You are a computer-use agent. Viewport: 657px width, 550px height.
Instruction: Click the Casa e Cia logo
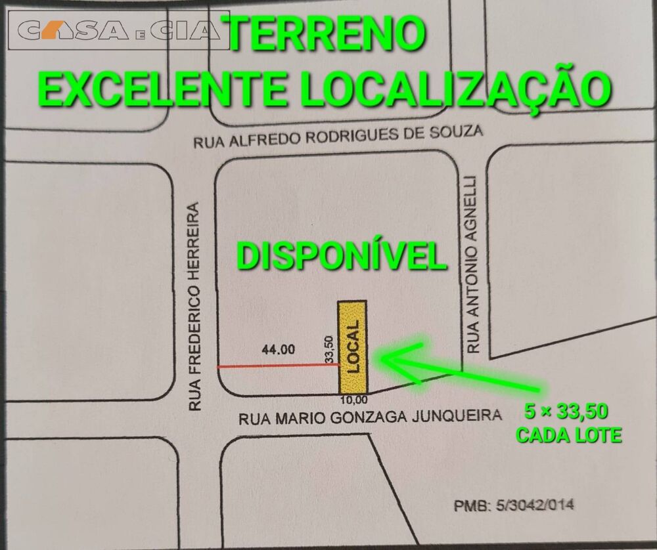[x=118, y=30]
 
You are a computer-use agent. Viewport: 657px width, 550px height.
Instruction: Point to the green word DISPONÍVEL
[x=342, y=256]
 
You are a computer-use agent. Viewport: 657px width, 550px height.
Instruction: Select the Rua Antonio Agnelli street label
[x=474, y=263]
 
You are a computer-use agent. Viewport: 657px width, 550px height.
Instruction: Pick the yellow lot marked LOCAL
[x=352, y=347]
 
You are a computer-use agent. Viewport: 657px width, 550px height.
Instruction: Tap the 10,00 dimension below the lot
[x=354, y=399]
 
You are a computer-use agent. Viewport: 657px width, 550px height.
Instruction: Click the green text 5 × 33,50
[x=566, y=412]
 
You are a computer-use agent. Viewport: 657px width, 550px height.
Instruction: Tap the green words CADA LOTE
[x=568, y=434]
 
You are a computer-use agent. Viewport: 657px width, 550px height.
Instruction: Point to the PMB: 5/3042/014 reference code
[x=514, y=505]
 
